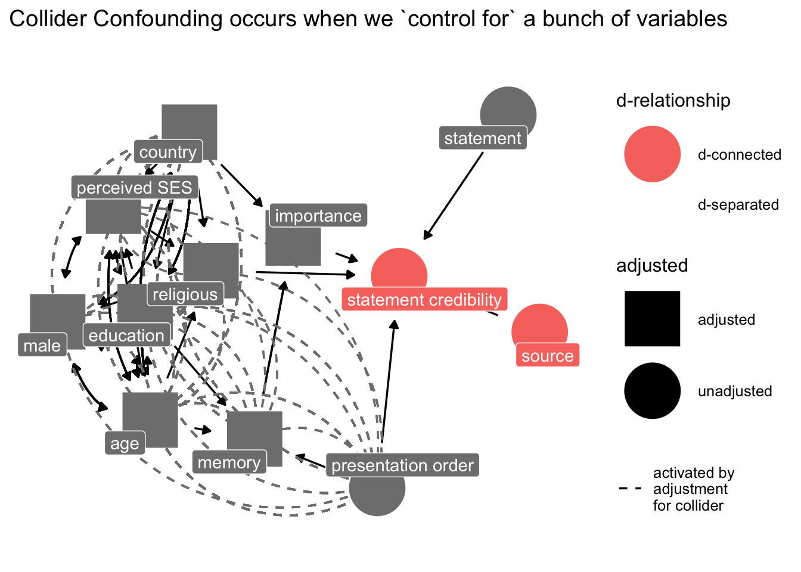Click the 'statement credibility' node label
(x=424, y=299)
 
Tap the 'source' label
(x=547, y=356)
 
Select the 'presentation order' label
(x=402, y=465)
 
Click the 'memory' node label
(x=229, y=462)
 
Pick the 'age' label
(x=125, y=443)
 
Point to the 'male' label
(x=42, y=346)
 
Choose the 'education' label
(x=126, y=335)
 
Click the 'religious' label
(x=185, y=294)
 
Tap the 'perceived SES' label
(x=135, y=188)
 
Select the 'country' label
(x=168, y=152)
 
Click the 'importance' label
(x=318, y=216)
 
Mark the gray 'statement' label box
(x=483, y=138)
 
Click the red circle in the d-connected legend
(x=652, y=154)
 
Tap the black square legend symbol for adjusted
(x=652, y=319)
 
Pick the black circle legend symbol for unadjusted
(x=652, y=391)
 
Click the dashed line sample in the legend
(x=631, y=489)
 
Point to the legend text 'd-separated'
(x=738, y=205)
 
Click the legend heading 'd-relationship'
(x=673, y=101)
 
